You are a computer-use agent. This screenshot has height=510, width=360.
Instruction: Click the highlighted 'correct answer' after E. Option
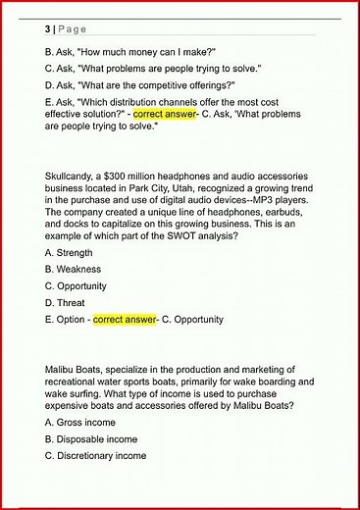coord(125,320)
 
